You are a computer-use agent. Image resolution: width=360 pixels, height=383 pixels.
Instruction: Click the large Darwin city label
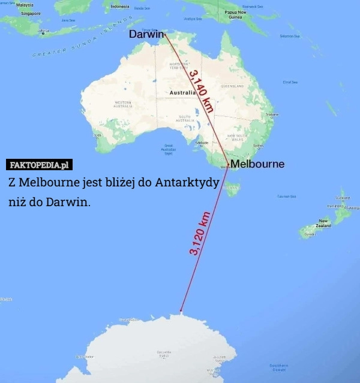(146, 35)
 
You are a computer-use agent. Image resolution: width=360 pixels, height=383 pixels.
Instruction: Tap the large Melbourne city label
(257, 164)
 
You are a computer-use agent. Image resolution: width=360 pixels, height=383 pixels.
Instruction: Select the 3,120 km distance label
(200, 234)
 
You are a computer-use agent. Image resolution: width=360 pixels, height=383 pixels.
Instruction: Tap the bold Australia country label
(182, 93)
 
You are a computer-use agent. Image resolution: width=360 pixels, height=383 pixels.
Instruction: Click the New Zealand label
(324, 224)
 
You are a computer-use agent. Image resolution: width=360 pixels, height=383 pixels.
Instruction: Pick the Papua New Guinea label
(235, 14)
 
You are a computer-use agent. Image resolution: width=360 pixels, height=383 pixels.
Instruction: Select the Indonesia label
(121, 7)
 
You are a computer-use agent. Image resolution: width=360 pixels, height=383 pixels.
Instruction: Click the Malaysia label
(25, 5)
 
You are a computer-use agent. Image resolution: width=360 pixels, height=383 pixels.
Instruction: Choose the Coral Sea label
(290, 82)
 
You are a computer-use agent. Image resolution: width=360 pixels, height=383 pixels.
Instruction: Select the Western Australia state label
(123, 105)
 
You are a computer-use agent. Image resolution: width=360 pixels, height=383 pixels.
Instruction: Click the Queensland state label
(232, 86)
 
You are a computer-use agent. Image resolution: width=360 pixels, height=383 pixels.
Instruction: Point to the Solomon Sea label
(289, 36)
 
